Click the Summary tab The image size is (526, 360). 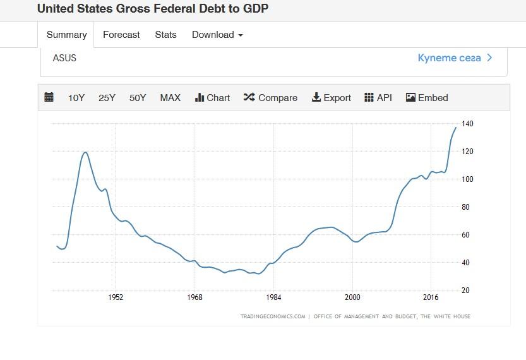[x=66, y=35]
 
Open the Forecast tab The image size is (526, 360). [x=121, y=35]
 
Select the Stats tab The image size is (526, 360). [x=165, y=35]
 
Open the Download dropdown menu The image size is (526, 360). [x=217, y=35]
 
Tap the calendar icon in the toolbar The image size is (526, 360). [x=49, y=97]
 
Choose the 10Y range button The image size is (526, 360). [x=76, y=98]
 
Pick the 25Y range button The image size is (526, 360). [x=107, y=98]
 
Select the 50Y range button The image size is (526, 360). [x=138, y=98]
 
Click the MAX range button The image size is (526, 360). [x=170, y=98]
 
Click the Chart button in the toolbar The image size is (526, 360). [x=213, y=98]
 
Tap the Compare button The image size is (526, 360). [x=270, y=98]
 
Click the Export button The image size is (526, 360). [x=332, y=98]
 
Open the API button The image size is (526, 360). [x=378, y=98]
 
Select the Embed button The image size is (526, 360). [x=427, y=98]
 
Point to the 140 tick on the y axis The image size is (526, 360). [x=467, y=124]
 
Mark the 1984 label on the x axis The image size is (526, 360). [x=273, y=297]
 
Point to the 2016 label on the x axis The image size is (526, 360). [x=431, y=297]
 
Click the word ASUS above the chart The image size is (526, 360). [x=64, y=58]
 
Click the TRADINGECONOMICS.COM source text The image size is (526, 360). [x=272, y=316]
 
